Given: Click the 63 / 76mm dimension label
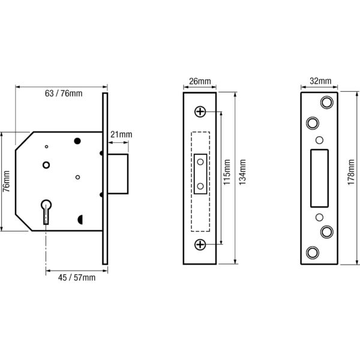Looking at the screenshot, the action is click(64, 94).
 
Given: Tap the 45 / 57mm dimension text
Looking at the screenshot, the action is click(77, 278).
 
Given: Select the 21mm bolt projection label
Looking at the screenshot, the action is click(121, 134).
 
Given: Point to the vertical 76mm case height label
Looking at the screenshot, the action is click(7, 181).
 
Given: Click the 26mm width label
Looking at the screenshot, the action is click(200, 81).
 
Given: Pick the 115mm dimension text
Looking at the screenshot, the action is click(227, 172).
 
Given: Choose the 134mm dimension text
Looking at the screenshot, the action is click(242, 172).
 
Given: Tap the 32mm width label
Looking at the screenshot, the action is click(320, 81).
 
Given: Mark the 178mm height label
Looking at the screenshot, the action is click(351, 172).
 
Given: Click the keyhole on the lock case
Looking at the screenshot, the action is click(46, 212).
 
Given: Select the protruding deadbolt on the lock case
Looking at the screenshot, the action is click(118, 174).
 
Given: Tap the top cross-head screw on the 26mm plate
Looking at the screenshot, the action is click(200, 112).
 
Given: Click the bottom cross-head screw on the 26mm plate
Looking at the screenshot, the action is click(200, 245).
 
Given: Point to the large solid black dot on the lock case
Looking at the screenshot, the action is click(77, 141).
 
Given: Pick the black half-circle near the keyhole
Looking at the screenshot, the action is click(80, 220).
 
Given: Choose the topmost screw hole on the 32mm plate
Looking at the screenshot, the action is click(327, 102).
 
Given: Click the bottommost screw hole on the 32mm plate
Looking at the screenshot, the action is click(313, 253).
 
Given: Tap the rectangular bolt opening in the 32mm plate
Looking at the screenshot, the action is click(319, 178).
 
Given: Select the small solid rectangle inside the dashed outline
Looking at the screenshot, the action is click(200, 174).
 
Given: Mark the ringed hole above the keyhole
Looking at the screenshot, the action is click(46, 165).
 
